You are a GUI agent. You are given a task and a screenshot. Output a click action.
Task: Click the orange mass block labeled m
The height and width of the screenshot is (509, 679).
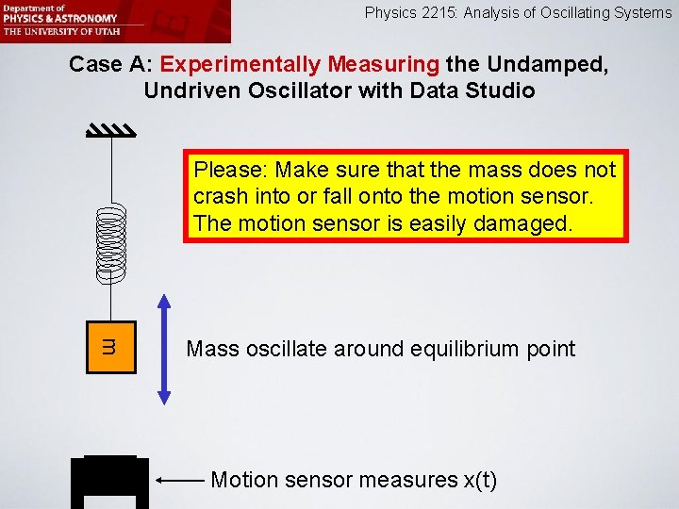pyautogui.click(x=111, y=349)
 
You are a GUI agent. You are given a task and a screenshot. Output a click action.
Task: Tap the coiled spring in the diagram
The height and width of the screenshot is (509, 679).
pyautogui.click(x=111, y=244)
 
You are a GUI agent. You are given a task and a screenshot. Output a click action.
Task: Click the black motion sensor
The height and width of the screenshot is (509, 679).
pyautogui.click(x=110, y=482)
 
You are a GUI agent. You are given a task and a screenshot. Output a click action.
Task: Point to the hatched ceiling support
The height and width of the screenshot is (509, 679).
pyautogui.click(x=111, y=131)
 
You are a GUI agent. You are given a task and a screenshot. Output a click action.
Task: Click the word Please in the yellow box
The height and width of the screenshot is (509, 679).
pyautogui.click(x=230, y=171)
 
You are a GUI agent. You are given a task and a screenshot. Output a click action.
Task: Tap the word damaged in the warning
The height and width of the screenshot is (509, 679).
pyautogui.click(x=529, y=223)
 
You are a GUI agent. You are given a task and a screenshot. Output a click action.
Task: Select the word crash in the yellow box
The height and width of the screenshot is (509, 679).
pyautogui.click(x=218, y=197)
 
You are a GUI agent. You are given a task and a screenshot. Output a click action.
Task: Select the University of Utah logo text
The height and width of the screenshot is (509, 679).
pyautogui.click(x=59, y=30)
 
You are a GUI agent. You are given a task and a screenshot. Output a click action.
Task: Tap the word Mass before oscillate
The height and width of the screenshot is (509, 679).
pyautogui.click(x=213, y=349)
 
